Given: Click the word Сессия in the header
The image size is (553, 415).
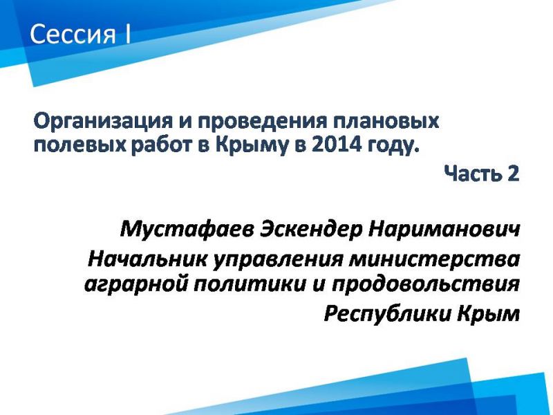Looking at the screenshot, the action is pyautogui.click(x=73, y=35).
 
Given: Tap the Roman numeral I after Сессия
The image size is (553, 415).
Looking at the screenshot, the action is pyautogui.click(x=127, y=34).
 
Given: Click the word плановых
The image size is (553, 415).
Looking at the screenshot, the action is pyautogui.click(x=386, y=122).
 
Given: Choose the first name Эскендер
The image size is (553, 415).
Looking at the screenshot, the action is pyautogui.click(x=312, y=230).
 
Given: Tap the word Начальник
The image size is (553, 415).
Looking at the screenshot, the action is pyautogui.click(x=147, y=259).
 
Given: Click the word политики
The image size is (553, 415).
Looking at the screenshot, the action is pyautogui.click(x=250, y=284).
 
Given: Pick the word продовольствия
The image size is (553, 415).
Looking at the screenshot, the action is pyautogui.click(x=426, y=284).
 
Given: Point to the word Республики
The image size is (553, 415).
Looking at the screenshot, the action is pyautogui.click(x=387, y=313).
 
